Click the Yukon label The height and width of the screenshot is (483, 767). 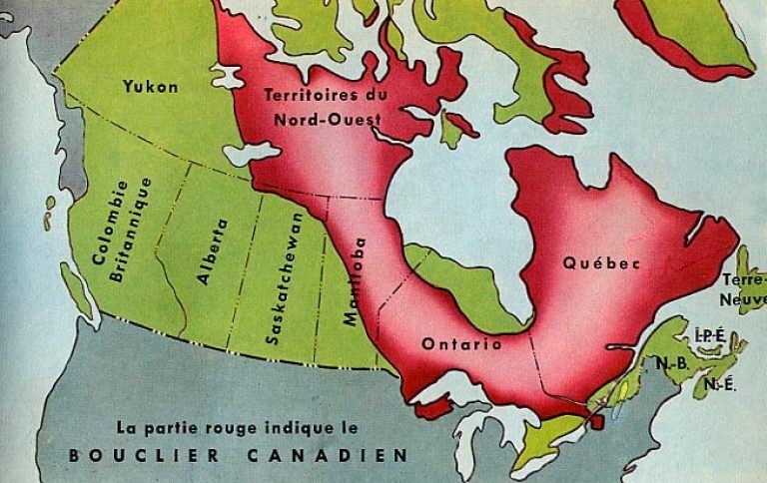click(151, 87)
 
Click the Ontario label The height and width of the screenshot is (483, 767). click(461, 343)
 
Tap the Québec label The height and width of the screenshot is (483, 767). click(600, 263)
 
